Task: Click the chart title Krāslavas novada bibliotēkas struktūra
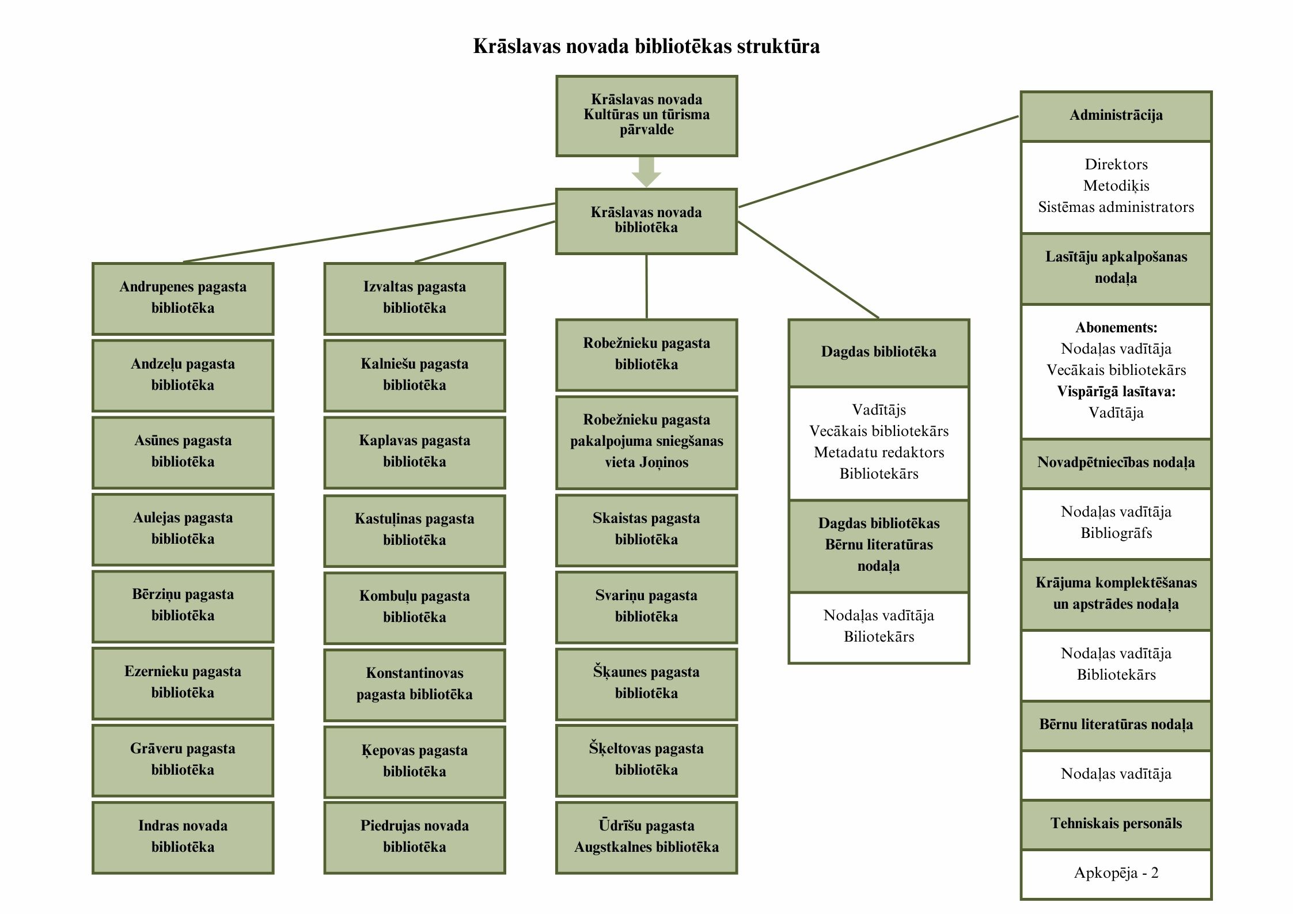[646, 46]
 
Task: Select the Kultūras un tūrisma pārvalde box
[646, 115]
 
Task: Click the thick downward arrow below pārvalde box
[646, 171]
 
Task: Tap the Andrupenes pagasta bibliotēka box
[183, 298]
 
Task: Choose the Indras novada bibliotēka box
[183, 837]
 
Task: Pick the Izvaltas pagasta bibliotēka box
[414, 298]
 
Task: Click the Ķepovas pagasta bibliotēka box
[414, 761]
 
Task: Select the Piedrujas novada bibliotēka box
[414, 837]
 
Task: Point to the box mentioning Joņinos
[646, 441]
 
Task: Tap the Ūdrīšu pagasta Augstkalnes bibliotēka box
[646, 837]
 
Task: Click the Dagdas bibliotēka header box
[878, 352]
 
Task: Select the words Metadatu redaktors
[878, 453]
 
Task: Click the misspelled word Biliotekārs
[878, 637]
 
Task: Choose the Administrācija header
[1116, 115]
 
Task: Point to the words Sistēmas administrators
[1116, 207]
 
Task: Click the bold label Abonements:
[1116, 328]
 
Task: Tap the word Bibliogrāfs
[1116, 533]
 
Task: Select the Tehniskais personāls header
[1116, 824]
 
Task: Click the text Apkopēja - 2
[1116, 873]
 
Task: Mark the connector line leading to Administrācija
[878, 161]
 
